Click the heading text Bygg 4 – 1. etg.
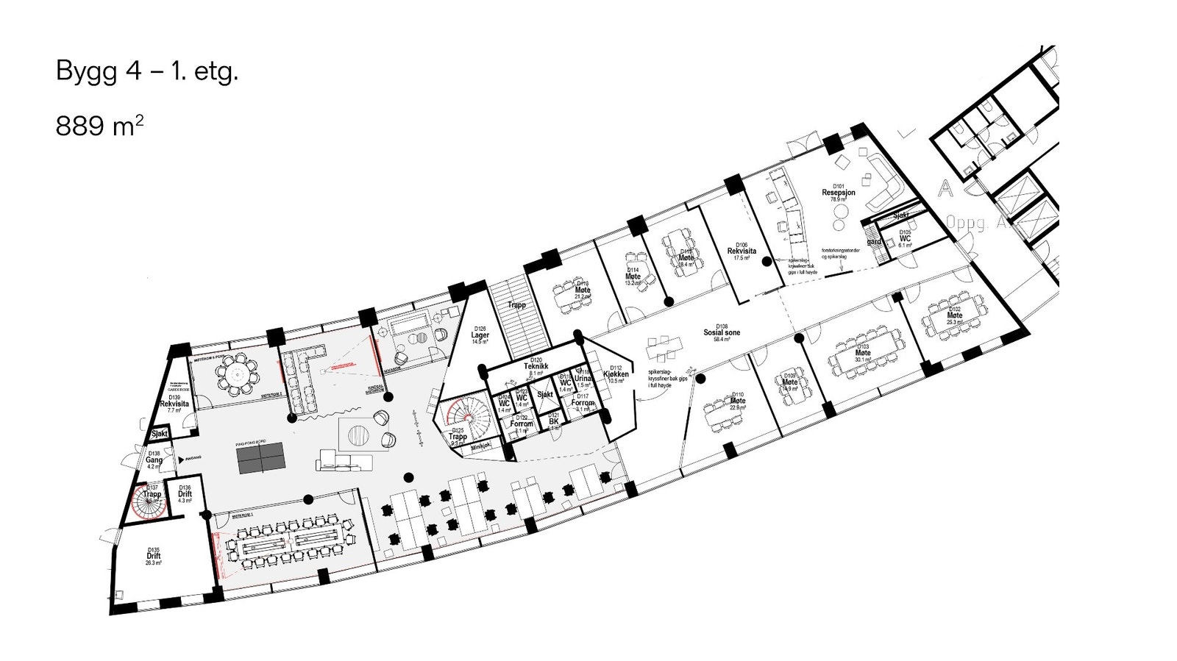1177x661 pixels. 147,72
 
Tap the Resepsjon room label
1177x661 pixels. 838,193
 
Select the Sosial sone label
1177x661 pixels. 721,332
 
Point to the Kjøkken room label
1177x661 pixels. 616,374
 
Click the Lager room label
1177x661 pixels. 480,335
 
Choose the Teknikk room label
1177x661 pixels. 536,366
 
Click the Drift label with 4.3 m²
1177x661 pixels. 184,494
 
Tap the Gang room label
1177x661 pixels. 154,460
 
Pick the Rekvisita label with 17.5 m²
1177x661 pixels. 742,251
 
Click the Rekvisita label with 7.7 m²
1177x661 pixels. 174,404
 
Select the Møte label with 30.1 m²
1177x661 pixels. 863,353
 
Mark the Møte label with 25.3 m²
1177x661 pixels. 954,315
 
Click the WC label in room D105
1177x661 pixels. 904,239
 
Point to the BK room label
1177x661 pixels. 553,421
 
